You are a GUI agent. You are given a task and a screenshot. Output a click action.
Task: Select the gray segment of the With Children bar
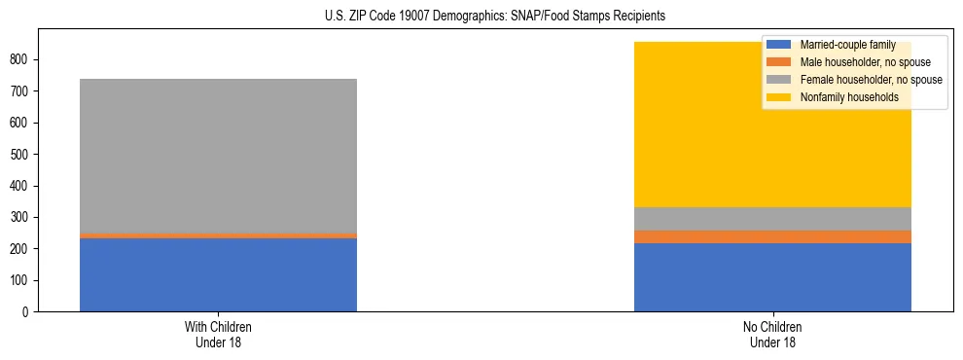tap(218, 156)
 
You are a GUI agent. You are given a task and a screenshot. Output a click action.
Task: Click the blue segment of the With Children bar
tap(218, 274)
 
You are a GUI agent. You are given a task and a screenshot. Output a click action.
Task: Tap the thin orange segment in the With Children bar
tap(218, 235)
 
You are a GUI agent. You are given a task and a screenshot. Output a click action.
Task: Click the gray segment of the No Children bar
tap(772, 219)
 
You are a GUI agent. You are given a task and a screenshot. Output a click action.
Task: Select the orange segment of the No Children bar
tap(772, 237)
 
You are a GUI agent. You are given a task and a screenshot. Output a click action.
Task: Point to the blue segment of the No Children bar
tap(772, 277)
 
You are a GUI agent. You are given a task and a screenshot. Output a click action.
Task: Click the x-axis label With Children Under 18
tap(218, 334)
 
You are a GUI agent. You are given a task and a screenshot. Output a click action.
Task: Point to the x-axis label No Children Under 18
tap(772, 334)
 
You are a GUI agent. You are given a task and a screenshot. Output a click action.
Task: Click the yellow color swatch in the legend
tap(779, 97)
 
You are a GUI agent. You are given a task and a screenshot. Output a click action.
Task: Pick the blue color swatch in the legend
tap(779, 45)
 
